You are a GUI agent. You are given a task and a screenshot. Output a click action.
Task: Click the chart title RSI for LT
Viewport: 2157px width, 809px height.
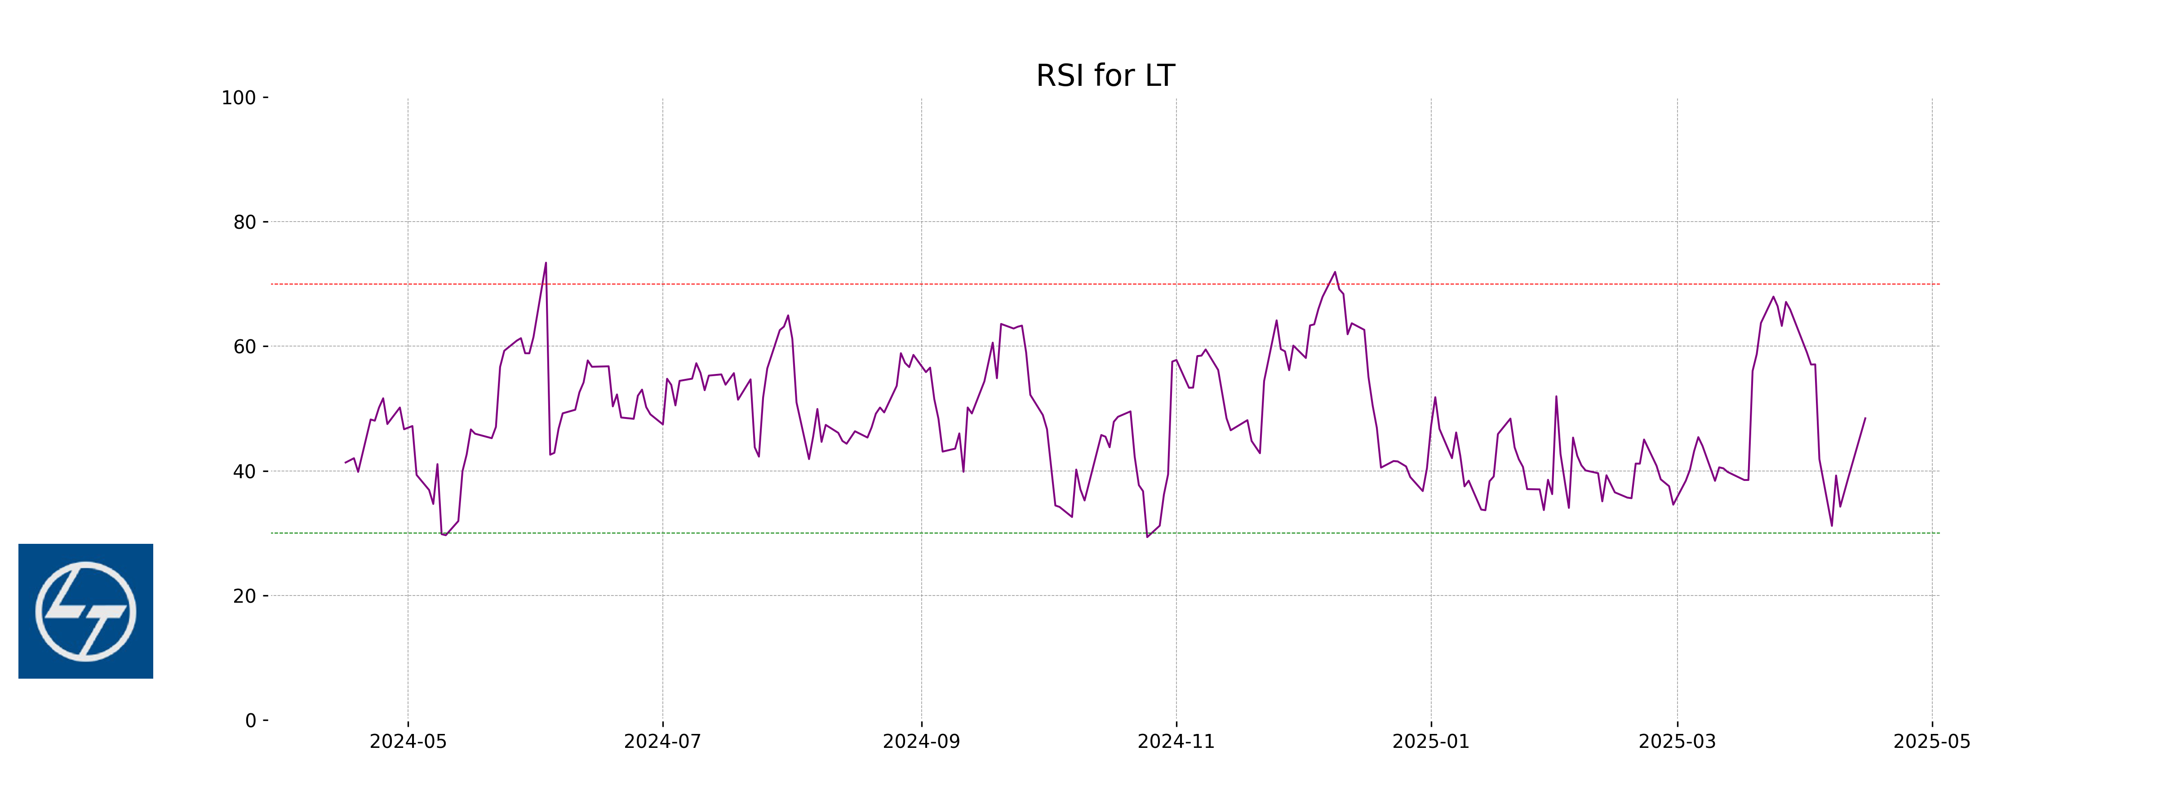1105,76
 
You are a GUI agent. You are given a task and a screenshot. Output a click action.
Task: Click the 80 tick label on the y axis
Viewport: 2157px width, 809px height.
244,223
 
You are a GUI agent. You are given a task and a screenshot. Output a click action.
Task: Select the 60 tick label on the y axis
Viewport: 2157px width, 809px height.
244,347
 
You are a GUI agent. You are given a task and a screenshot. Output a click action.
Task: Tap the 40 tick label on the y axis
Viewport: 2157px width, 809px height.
244,471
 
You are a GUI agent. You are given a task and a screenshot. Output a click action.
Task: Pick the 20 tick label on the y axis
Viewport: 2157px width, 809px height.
244,596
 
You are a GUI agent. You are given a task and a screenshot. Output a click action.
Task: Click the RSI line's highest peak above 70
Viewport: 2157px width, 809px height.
546,263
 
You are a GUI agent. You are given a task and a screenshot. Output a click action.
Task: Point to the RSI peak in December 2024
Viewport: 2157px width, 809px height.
1335,272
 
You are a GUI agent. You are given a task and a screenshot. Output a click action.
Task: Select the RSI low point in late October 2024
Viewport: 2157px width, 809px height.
1147,537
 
